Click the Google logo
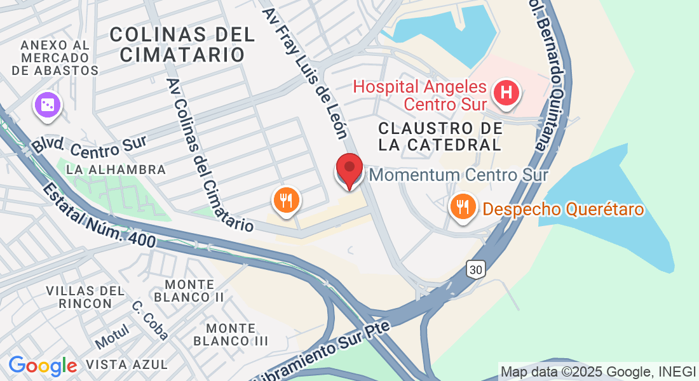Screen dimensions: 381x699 pos(43,365)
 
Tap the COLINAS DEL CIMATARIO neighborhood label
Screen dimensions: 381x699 pos(182,44)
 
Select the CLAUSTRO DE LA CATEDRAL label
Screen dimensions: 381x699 pos(440,137)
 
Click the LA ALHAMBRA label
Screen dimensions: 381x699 pos(116,170)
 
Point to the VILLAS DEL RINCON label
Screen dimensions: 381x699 pos(85,297)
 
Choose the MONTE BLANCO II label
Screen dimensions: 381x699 pos(189,290)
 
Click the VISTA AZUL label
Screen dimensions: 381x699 pos(126,364)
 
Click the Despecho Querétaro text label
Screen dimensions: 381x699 pos(564,209)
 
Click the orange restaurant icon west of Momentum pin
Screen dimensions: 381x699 pos(287,201)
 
